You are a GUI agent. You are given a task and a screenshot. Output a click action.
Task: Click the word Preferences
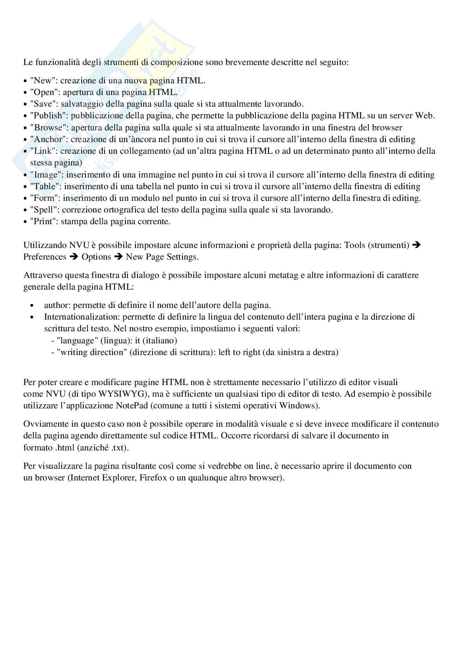(x=45, y=257)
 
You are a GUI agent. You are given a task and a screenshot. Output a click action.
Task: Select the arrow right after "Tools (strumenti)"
(x=416, y=245)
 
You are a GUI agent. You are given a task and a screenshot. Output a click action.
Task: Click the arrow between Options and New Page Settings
(x=118, y=257)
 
